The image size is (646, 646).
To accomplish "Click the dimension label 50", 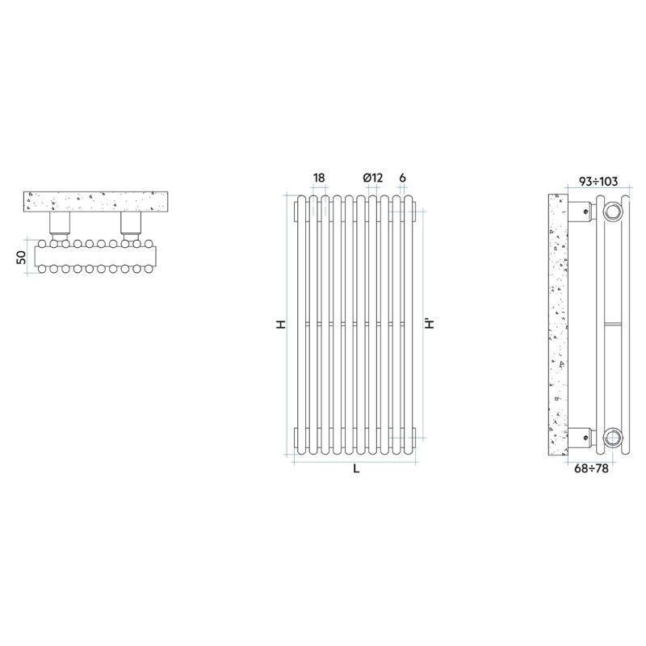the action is (x=22, y=257).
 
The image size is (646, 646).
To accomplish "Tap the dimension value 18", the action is (x=319, y=178).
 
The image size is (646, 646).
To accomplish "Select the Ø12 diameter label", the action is (x=372, y=178).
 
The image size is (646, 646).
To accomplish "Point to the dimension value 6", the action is (x=402, y=178).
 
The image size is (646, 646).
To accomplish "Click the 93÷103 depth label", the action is (x=598, y=181).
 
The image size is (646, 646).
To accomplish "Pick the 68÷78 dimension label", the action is (x=591, y=468).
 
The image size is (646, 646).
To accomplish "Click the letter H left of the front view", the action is (x=281, y=325).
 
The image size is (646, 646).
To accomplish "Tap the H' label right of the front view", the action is (x=430, y=324).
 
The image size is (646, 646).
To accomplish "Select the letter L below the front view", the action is (x=356, y=469).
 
